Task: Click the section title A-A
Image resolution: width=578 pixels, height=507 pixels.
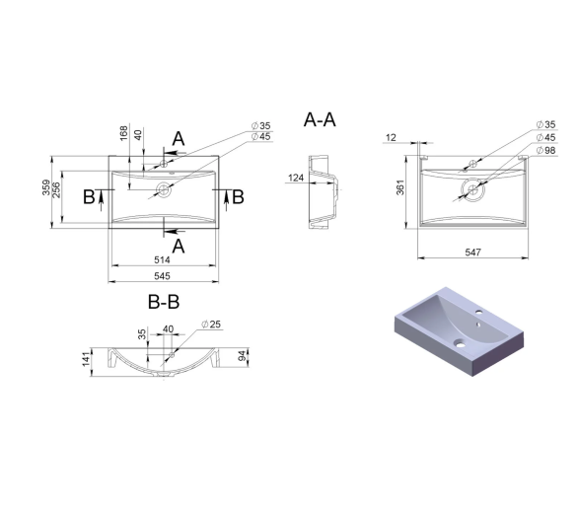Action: click(x=320, y=119)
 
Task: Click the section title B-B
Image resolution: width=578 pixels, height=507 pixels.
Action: click(x=164, y=302)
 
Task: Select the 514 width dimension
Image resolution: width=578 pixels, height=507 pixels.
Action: click(x=162, y=260)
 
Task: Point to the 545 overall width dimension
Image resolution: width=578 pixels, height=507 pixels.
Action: click(x=162, y=276)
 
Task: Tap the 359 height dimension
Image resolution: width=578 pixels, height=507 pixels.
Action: click(x=46, y=187)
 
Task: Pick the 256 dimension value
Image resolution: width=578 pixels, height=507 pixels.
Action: click(x=56, y=190)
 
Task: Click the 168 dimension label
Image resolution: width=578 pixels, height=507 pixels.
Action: click(x=124, y=133)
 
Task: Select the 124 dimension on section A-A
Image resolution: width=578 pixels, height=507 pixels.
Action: click(x=296, y=179)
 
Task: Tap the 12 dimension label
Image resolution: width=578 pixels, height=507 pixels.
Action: click(x=391, y=137)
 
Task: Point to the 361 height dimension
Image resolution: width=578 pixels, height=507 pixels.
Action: click(x=399, y=187)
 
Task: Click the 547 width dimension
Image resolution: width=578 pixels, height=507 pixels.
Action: click(x=472, y=253)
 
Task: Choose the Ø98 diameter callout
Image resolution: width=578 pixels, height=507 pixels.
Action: click(x=545, y=151)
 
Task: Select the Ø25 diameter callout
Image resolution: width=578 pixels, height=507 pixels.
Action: click(x=211, y=325)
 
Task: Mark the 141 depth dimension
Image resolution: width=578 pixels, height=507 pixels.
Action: click(x=86, y=359)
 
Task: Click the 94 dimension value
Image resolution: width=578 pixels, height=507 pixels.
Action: click(x=242, y=356)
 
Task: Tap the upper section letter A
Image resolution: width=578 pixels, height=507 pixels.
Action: click(x=179, y=139)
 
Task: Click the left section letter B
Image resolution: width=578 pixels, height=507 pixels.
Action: click(x=89, y=197)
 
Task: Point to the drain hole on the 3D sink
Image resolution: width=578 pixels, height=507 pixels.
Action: click(x=460, y=344)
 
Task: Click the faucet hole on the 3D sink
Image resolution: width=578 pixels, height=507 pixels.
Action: click(x=479, y=313)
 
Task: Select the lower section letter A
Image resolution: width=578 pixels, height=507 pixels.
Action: click(x=179, y=246)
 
